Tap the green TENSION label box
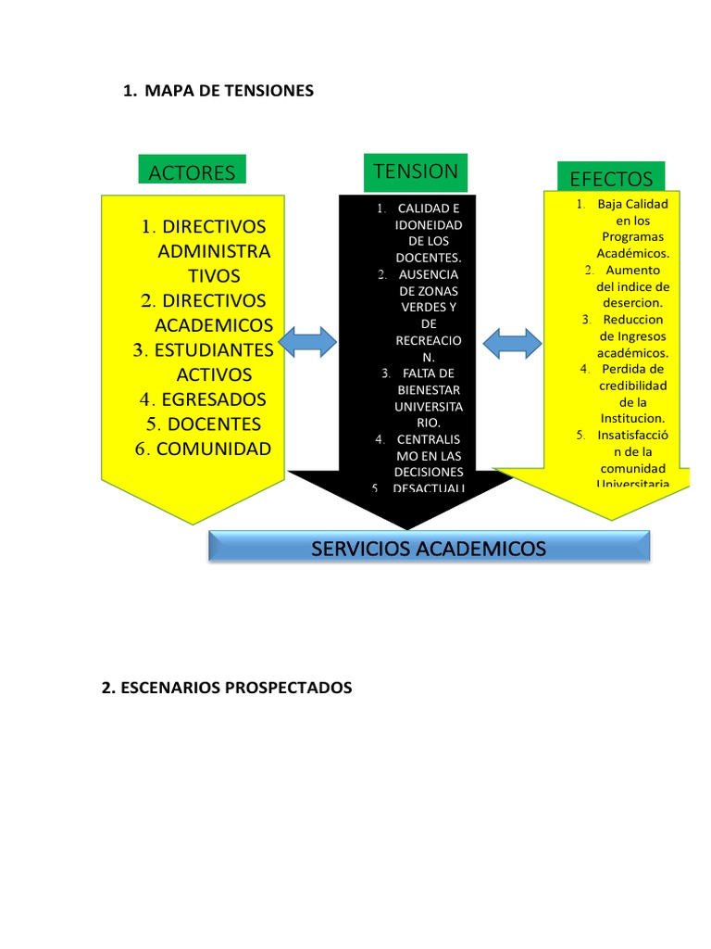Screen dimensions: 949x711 (416, 171)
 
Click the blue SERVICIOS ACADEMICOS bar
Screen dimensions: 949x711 (429, 549)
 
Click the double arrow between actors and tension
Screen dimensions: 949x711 (308, 343)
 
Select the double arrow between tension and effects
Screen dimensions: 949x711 (512, 343)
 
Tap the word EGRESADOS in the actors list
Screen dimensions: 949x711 (213, 399)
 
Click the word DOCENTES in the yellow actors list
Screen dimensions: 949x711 (212, 424)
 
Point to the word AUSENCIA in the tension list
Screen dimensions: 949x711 (428, 274)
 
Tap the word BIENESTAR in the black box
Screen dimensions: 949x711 (428, 390)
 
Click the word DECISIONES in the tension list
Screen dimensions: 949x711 (430, 472)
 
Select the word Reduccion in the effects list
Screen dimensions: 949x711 (633, 320)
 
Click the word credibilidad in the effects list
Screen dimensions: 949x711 (633, 386)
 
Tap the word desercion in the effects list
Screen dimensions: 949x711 (633, 303)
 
